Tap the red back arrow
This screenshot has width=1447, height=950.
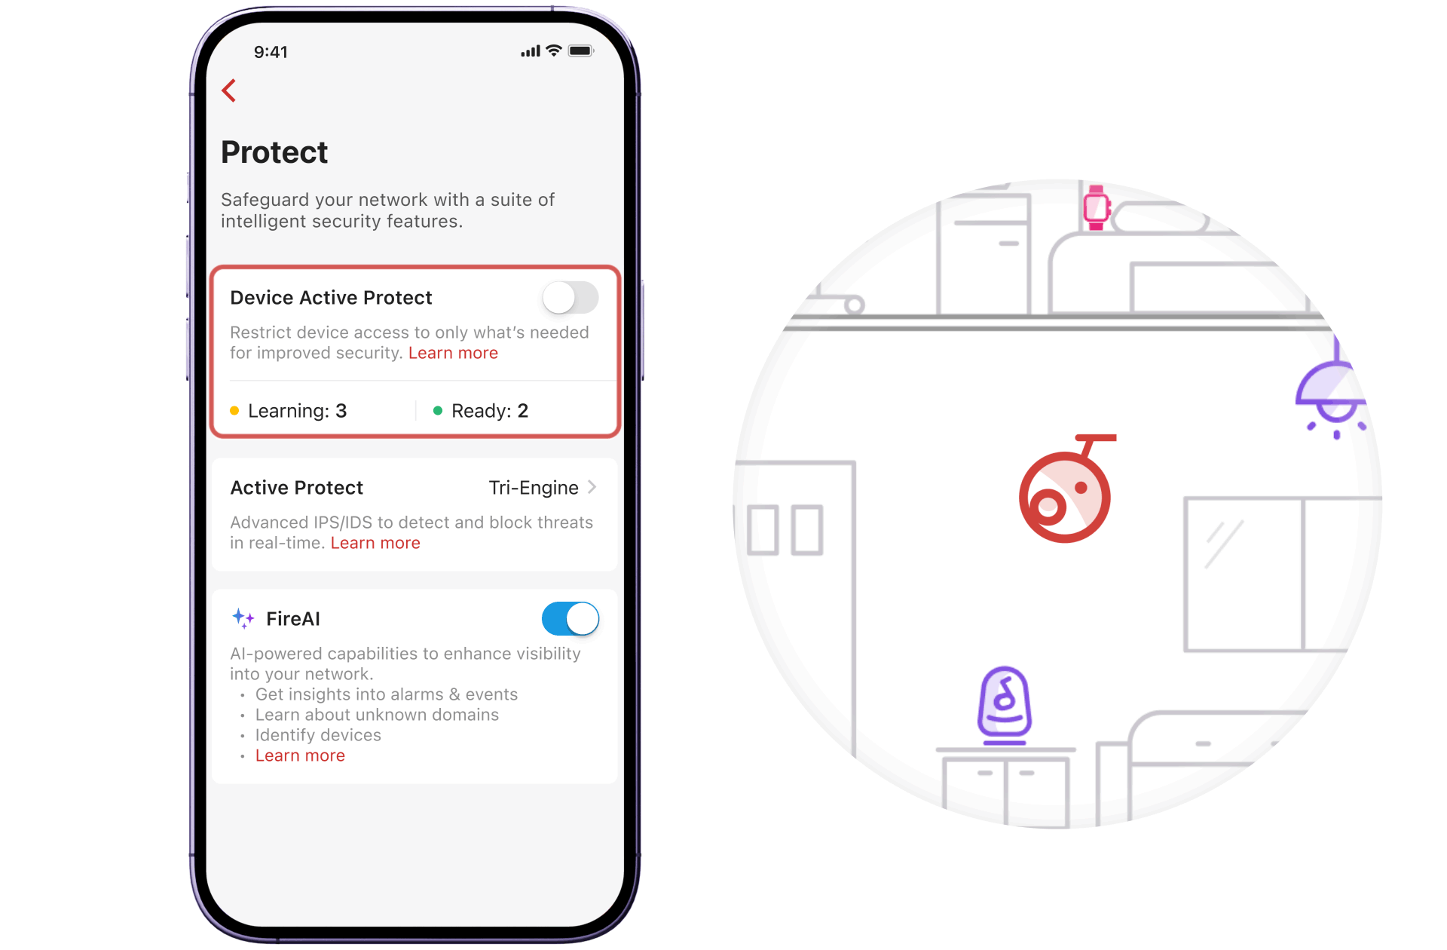pos(229,90)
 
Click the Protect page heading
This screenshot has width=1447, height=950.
pos(274,152)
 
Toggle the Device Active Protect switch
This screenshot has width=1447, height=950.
pos(571,298)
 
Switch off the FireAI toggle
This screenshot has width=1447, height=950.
pos(571,619)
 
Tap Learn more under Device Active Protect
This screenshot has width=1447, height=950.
pos(453,353)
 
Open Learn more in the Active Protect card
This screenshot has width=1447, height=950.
pos(375,543)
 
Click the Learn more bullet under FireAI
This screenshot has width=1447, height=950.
pos(300,755)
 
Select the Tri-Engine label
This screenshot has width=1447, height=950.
pos(534,488)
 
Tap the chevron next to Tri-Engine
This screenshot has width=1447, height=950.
pos(592,487)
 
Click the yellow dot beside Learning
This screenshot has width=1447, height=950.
pos(234,411)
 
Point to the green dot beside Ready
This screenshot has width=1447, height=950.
pos(438,411)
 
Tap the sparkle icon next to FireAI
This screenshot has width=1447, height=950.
pos(243,619)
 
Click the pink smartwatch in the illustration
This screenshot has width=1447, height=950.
pos(1097,207)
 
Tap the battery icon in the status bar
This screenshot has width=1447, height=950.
pos(581,51)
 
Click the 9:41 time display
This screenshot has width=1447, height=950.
pos(271,52)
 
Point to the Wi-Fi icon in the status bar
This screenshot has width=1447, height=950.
pos(554,51)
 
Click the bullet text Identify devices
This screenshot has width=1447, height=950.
pos(318,735)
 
